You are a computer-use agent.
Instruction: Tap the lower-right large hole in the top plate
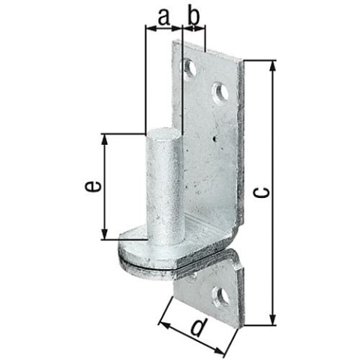(220, 93)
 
